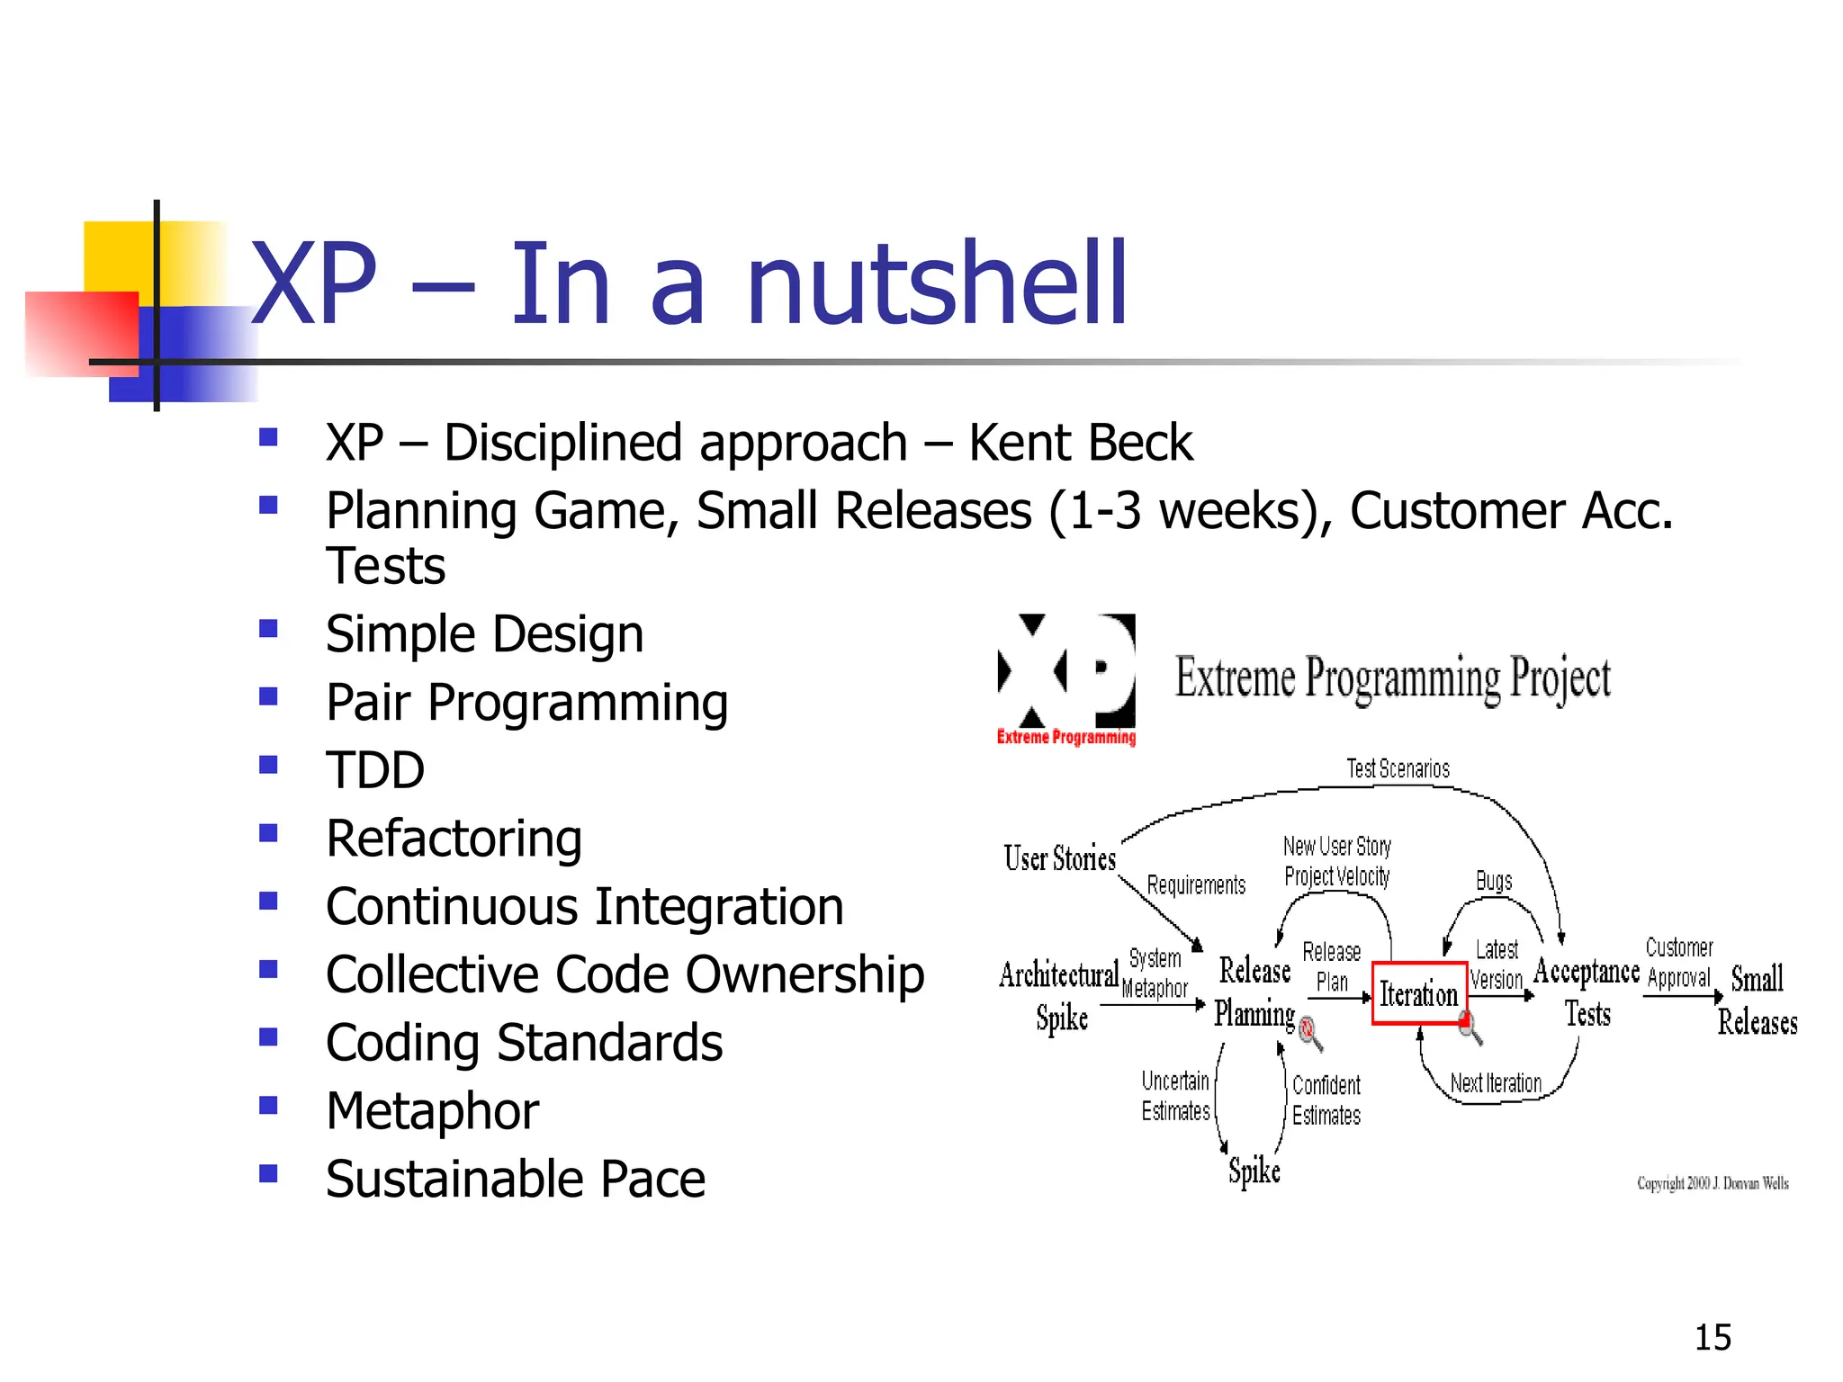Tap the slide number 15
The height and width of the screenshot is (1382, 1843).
tap(1713, 1337)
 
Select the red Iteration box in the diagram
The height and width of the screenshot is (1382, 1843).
tap(1418, 993)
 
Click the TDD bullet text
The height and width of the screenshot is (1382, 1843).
tap(375, 770)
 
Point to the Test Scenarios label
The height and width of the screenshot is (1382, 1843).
tap(1398, 768)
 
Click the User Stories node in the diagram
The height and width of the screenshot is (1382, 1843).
tap(1059, 858)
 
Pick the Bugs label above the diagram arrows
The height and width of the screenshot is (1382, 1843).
tap(1494, 881)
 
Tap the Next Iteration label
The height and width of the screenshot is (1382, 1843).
tap(1496, 1083)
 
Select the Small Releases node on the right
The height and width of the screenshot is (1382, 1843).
tap(1757, 1000)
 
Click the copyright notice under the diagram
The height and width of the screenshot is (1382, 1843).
tap(1713, 1183)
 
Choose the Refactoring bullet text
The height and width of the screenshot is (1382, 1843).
tap(454, 839)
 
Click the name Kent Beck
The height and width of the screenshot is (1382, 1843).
tap(1080, 443)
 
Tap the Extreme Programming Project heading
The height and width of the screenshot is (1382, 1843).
tap(1392, 678)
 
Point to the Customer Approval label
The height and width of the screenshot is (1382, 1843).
tap(1678, 963)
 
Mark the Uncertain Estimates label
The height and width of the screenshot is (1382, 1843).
tap(1175, 1096)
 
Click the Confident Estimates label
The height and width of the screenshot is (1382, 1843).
tap(1326, 1099)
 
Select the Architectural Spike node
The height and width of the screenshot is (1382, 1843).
tap(1059, 995)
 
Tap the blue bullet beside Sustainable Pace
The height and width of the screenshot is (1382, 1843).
tap(268, 1173)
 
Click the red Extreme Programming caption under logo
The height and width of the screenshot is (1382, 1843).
tap(1065, 738)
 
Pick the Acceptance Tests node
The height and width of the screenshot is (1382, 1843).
tap(1587, 992)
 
